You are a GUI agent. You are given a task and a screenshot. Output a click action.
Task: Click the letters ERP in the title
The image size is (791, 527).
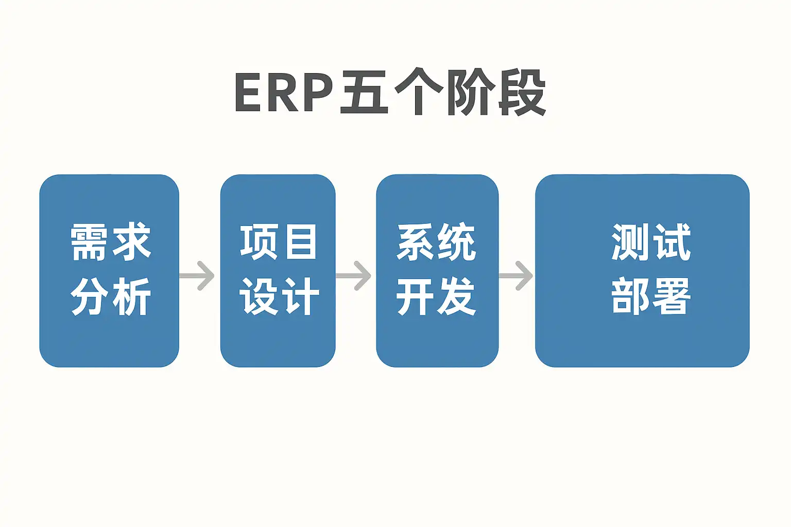(x=284, y=93)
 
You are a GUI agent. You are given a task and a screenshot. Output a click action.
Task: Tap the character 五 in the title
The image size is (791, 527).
(x=364, y=93)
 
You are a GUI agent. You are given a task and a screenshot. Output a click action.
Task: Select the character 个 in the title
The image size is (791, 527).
(x=418, y=93)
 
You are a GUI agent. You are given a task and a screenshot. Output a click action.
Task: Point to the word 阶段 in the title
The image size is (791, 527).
(x=496, y=93)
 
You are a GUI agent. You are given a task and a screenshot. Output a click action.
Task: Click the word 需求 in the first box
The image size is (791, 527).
(x=110, y=242)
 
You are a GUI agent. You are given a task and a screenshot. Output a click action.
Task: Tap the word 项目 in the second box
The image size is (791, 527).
(x=279, y=242)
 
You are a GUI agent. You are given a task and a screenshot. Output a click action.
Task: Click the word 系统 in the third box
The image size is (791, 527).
(x=437, y=242)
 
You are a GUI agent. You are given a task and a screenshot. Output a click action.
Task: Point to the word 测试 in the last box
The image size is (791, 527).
(x=651, y=242)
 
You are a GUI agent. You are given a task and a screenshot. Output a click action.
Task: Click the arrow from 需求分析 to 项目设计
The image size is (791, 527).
(x=198, y=276)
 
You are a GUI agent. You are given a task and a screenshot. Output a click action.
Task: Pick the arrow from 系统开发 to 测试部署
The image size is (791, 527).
(x=517, y=276)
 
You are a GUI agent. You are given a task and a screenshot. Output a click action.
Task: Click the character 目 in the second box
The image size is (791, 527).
(x=301, y=242)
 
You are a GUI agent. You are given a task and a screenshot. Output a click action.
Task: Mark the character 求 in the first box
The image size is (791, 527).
(x=132, y=242)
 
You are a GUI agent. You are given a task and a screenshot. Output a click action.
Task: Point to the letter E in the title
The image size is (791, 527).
(x=248, y=93)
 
